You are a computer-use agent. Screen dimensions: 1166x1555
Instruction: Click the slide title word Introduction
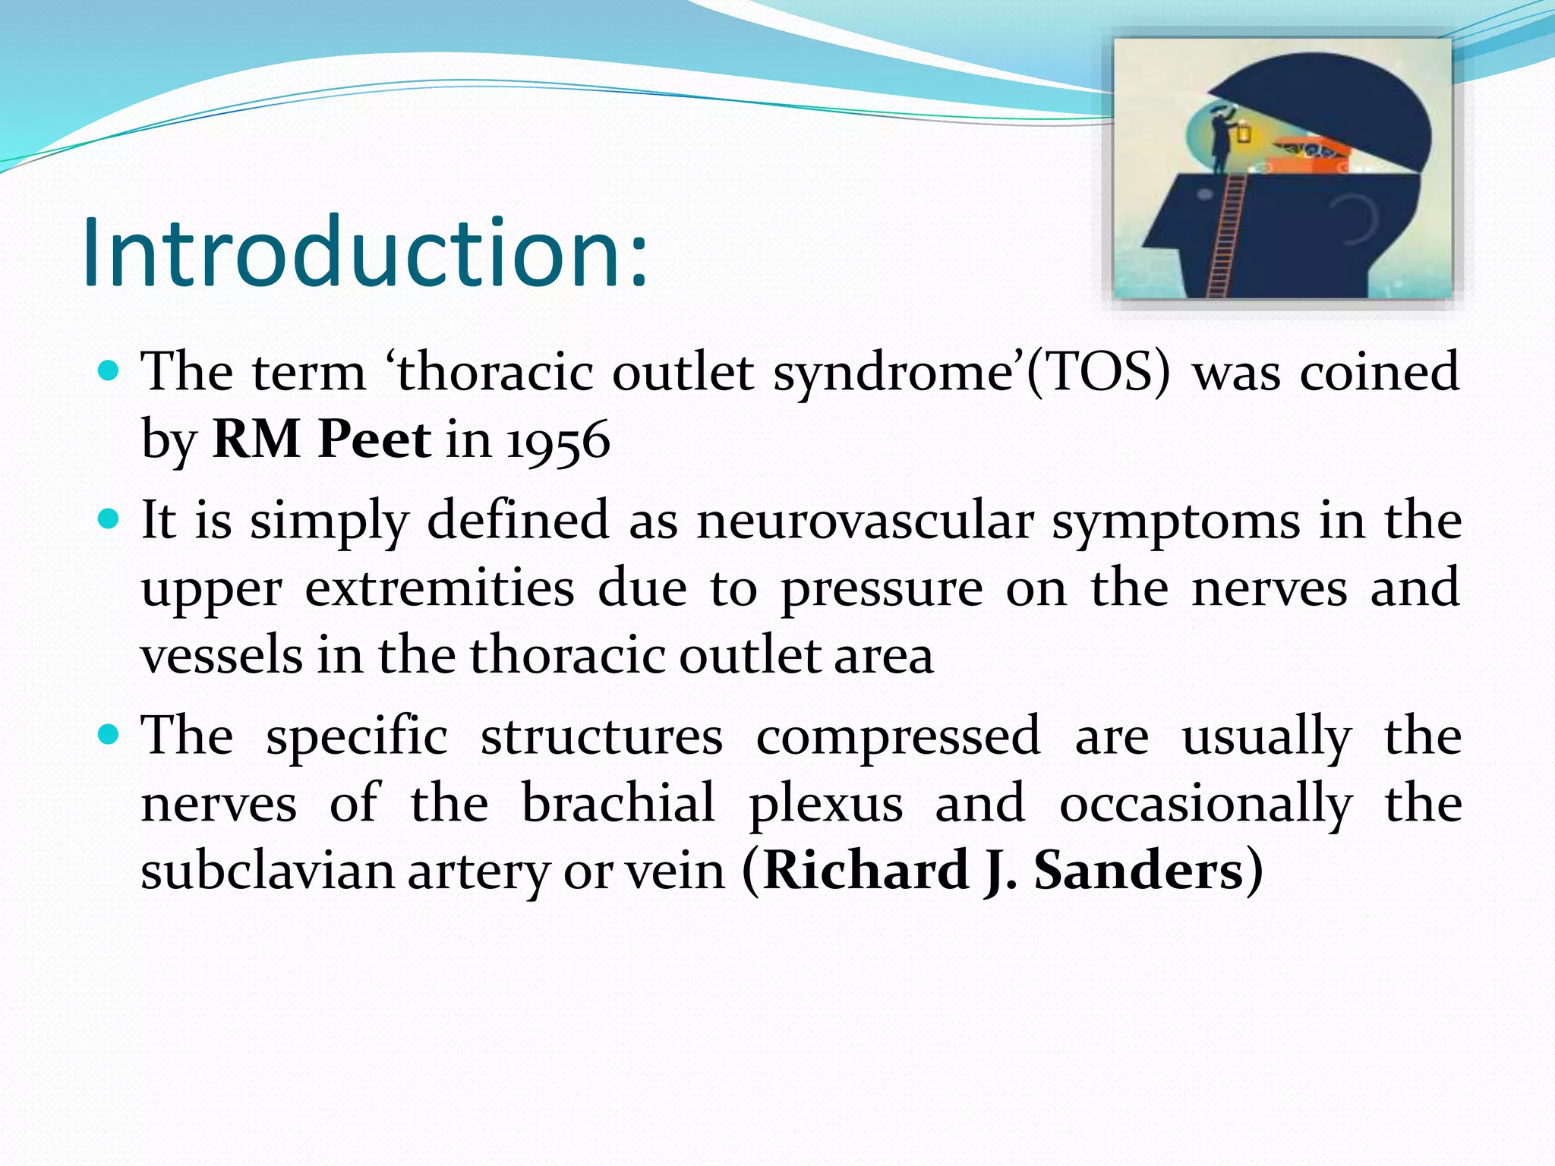(x=364, y=253)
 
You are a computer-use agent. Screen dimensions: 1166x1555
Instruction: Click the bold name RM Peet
(x=322, y=440)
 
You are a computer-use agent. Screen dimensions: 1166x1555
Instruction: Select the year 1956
(x=558, y=441)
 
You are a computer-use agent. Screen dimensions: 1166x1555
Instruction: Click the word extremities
(x=440, y=589)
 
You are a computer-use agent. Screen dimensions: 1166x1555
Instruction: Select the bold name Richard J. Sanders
(x=1002, y=871)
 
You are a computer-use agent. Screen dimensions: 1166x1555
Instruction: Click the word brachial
(x=618, y=803)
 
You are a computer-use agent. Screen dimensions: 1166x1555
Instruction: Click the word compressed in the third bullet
(x=898, y=736)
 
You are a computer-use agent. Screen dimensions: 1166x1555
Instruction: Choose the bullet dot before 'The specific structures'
(x=109, y=735)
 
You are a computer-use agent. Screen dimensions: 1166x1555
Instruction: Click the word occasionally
(x=1206, y=803)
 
